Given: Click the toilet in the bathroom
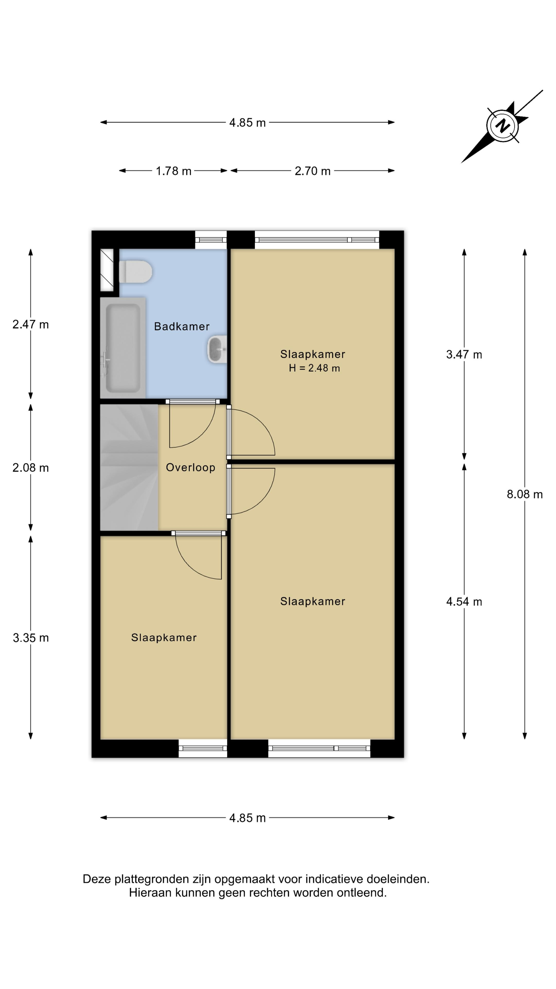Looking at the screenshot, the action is pos(135,272).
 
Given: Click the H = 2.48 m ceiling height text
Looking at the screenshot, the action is pos(314,368).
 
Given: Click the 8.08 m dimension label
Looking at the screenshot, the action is pos(525,494).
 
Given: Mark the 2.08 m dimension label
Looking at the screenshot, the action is pos(31,468).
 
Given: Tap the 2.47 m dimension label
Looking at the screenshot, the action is pos(31,325).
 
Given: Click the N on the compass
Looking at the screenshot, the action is pos(502,125).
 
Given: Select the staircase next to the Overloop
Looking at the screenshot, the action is pos(129,467).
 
